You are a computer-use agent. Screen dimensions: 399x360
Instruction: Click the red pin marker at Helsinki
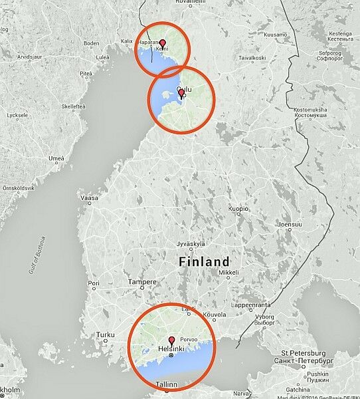171,340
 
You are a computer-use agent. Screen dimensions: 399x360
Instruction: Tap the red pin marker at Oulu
182,93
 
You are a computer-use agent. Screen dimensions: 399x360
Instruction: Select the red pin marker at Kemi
162,43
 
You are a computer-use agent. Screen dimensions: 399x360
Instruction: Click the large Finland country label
204,261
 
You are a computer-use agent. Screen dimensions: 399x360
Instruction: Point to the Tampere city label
142,282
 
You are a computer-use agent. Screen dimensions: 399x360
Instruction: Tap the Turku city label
106,334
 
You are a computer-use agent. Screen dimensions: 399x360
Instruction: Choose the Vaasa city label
88,198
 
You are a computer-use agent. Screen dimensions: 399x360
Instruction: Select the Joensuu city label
289,224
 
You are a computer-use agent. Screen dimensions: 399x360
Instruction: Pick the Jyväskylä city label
191,244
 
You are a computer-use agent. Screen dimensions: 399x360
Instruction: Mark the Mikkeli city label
228,272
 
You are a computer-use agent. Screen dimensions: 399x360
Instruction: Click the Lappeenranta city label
251,306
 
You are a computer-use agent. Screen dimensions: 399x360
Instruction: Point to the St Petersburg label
303,352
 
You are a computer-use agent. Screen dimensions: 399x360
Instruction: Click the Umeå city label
56,158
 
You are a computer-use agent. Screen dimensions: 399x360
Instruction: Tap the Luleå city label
102,58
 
